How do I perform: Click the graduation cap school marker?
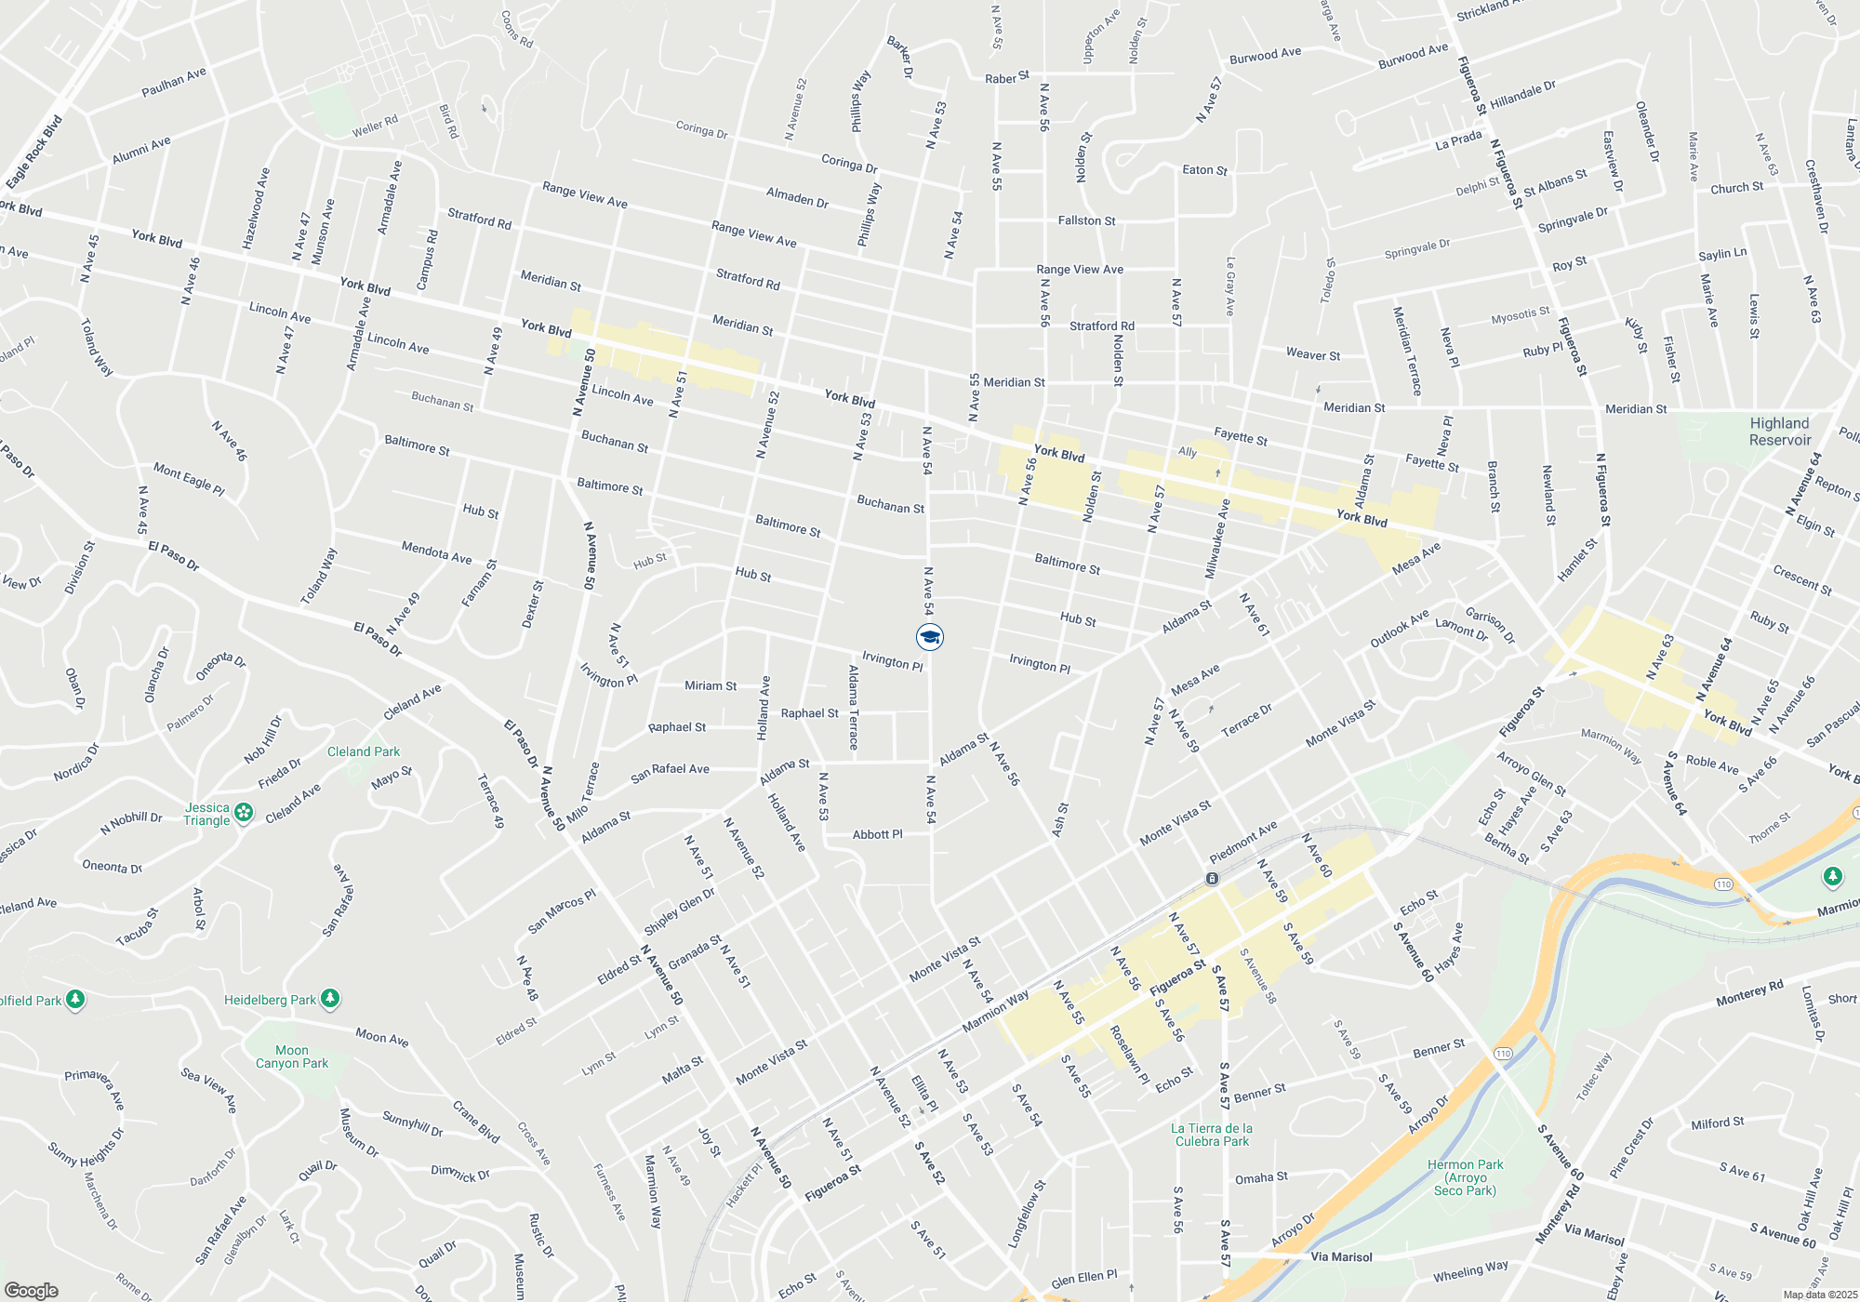tap(930, 637)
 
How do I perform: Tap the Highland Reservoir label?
tap(1780, 432)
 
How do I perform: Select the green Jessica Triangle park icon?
tap(244, 813)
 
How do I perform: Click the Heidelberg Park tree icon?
tap(329, 999)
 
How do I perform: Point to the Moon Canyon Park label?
tap(292, 1056)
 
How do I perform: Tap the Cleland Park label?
tap(364, 751)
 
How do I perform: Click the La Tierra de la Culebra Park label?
tap(1212, 1135)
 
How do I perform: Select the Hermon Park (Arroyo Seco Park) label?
tap(1466, 1177)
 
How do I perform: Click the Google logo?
tap(32, 1291)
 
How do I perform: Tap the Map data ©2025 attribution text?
tap(1819, 1295)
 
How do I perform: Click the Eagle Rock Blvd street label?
tap(33, 152)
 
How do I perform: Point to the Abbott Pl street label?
tap(877, 834)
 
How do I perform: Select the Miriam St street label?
tap(711, 686)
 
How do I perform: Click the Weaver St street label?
tap(1313, 354)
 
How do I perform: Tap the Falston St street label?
tap(1086, 220)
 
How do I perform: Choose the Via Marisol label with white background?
tap(1340, 1256)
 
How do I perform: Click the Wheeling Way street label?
tap(1470, 1270)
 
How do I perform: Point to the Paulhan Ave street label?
tap(174, 82)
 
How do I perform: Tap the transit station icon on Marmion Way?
tap(1212, 878)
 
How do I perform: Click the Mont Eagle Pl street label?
tap(189, 480)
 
